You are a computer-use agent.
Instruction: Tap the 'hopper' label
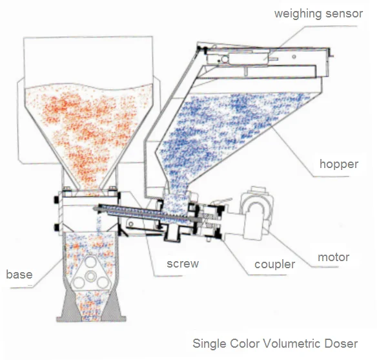tap(338, 164)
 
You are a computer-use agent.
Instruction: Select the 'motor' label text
tap(333, 257)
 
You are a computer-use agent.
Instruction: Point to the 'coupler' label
tap(275, 264)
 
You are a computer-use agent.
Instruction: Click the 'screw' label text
tap(183, 264)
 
